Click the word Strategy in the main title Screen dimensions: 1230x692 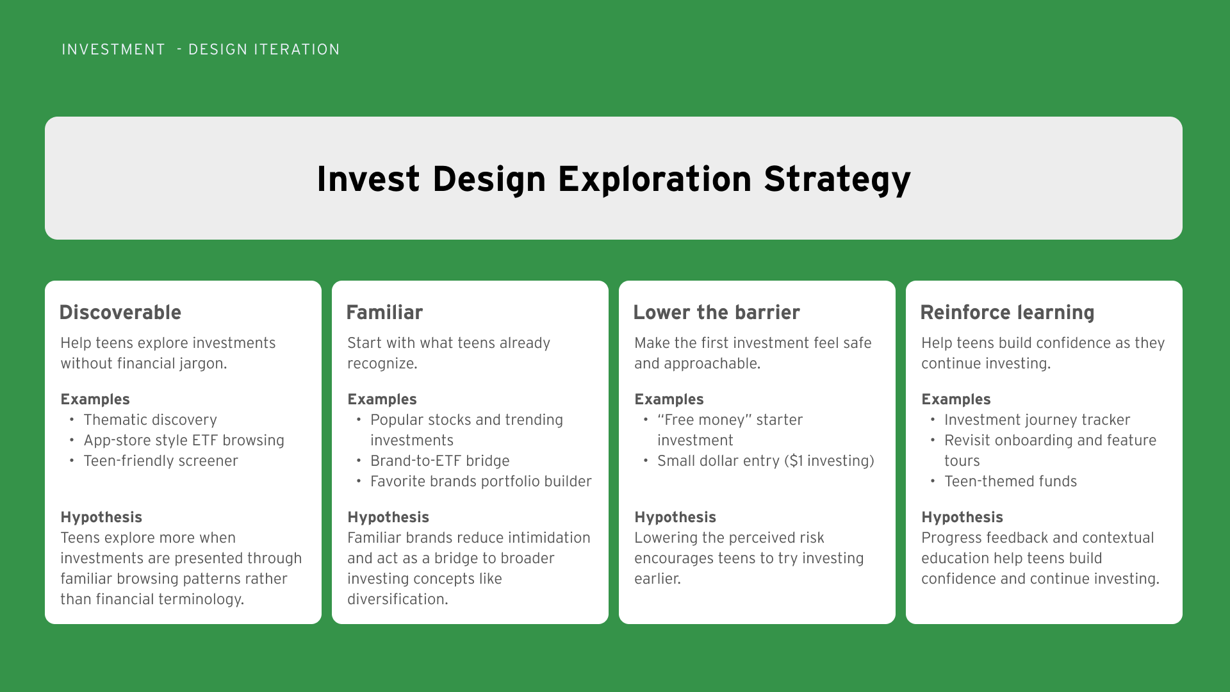(837, 179)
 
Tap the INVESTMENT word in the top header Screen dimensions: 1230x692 (113, 50)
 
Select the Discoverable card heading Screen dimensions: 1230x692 (120, 313)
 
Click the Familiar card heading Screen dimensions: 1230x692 (384, 313)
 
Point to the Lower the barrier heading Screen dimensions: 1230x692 (716, 313)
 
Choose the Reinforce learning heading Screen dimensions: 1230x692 (1007, 313)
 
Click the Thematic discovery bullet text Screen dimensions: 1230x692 (150, 420)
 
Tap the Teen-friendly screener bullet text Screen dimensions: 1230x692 (161, 461)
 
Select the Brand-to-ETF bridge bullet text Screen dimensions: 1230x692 (440, 461)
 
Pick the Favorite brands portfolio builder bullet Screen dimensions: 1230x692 (481, 481)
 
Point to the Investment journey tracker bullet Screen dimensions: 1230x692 (1037, 420)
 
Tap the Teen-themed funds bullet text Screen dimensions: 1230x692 (1010, 481)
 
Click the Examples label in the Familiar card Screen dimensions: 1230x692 (382, 399)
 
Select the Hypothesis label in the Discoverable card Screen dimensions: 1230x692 (101, 517)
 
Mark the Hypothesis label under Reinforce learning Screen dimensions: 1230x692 (962, 517)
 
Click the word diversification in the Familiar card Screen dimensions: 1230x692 (398, 599)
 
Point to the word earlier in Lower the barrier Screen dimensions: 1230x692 (657, 579)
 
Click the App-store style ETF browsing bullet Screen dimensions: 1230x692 (184, 440)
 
